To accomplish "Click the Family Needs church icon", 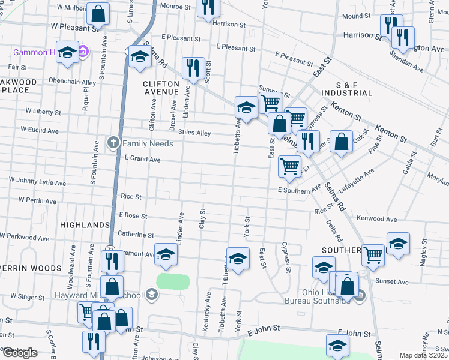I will (x=113, y=143).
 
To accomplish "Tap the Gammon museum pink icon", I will (x=84, y=52).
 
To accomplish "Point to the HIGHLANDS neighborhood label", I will (x=85, y=225).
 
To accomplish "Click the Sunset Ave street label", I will (x=392, y=281).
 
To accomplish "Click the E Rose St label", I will (x=133, y=215).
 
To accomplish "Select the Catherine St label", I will (x=136, y=235).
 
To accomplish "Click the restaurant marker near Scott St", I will (x=193, y=68).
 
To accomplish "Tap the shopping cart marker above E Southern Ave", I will (x=290, y=166).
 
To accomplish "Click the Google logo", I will (x=21, y=353).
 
